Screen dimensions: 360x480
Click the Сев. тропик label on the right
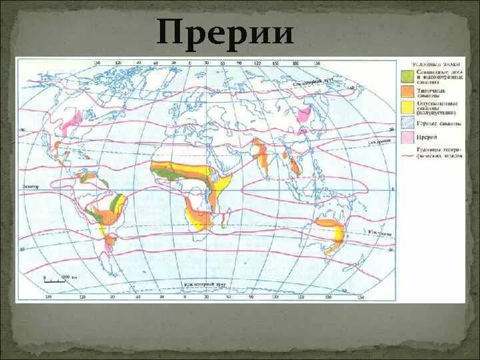[378, 141]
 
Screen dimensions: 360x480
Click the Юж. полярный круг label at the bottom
[204, 285]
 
